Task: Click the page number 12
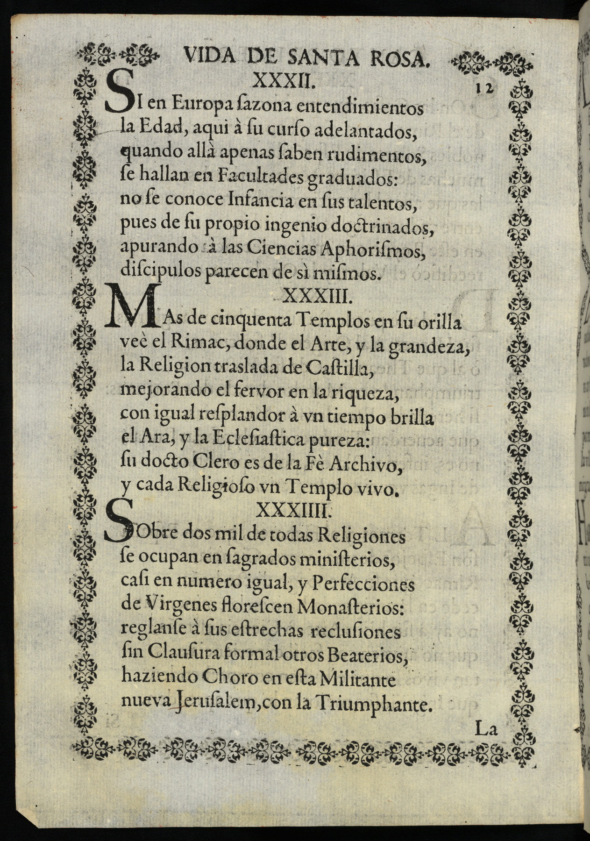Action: coord(486,88)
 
